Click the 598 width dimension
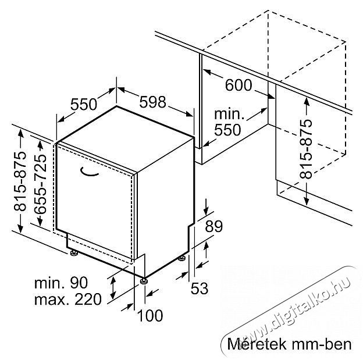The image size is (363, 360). (152, 102)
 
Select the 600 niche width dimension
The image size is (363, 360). (239, 85)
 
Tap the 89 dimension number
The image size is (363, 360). (213, 226)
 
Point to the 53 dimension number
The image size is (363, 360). (200, 288)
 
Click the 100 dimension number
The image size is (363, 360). (150, 315)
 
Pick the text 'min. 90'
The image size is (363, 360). (61, 283)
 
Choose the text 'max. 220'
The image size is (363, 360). (68, 299)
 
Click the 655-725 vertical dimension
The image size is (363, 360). (40, 183)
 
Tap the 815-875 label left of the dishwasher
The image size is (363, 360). (20, 181)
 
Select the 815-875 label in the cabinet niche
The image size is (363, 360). (306, 149)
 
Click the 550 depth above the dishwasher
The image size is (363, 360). (84, 104)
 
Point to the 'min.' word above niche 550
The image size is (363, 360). (229, 114)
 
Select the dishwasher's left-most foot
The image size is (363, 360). (74, 253)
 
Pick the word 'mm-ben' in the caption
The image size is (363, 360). (322, 344)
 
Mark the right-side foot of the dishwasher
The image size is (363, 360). (181, 258)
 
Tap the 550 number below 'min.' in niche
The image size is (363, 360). (227, 130)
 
